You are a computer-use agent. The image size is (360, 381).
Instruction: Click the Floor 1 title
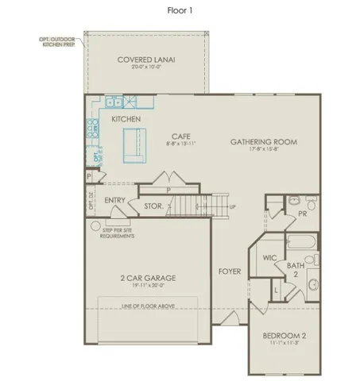(180, 10)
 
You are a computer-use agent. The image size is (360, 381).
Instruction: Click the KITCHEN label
(126, 119)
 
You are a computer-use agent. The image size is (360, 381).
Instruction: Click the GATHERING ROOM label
(263, 141)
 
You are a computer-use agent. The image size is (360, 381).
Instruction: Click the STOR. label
(153, 206)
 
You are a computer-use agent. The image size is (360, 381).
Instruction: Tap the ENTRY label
(114, 200)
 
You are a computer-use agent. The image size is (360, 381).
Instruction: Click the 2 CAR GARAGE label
(147, 278)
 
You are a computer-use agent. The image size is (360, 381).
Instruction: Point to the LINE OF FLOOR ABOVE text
(147, 306)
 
